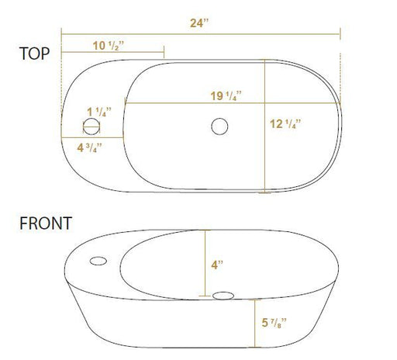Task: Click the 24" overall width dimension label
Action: coord(199,23)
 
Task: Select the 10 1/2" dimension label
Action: coord(109,46)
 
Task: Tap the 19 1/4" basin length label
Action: coord(226,95)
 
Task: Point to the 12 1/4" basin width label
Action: coord(285,124)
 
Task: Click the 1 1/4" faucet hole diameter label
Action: coord(99,112)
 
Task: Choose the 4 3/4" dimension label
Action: coord(89,147)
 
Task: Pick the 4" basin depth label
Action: coord(217,265)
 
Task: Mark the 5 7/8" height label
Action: coord(274,323)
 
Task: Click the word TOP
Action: coord(34,54)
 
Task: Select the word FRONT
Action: coord(46,223)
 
